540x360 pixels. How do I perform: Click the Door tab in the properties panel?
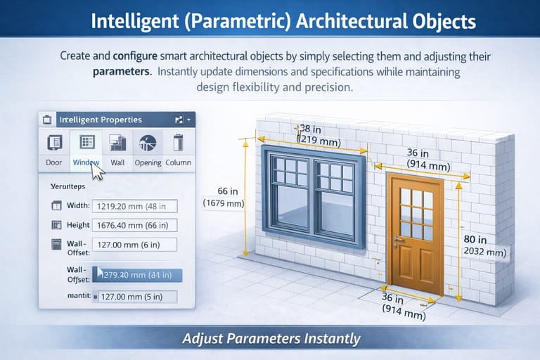pos(53,150)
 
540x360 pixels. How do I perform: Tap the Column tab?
pos(178,150)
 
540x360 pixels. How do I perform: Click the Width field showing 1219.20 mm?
pos(134,206)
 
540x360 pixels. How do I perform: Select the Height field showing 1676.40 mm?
pos(134,226)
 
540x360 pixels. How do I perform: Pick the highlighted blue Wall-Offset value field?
pos(136,275)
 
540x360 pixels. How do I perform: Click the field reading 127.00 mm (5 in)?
pos(134,297)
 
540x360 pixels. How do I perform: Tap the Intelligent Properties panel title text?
pos(101,120)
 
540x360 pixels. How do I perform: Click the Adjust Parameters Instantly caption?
pos(271,339)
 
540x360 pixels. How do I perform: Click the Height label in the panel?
pos(78,226)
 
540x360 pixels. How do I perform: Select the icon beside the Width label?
pos(57,206)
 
